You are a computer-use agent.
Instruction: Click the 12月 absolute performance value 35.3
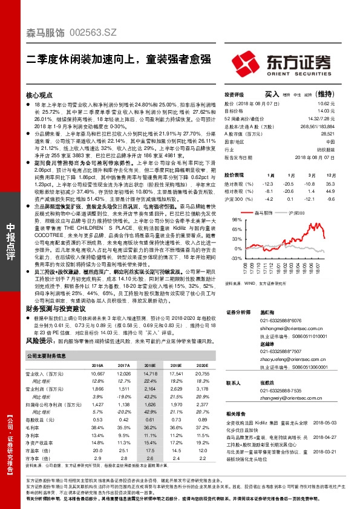click(330, 183)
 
